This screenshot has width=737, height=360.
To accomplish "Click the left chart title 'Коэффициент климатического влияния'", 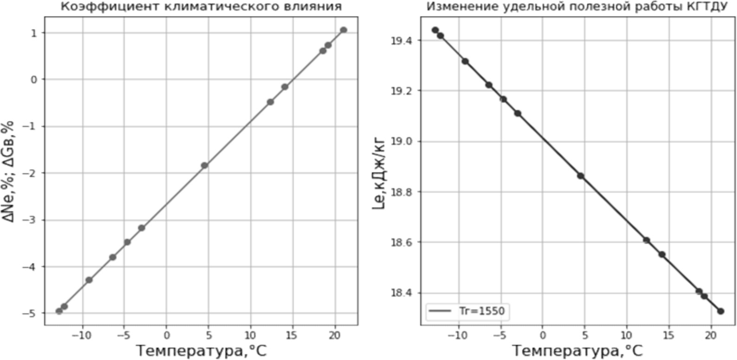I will click(201, 6).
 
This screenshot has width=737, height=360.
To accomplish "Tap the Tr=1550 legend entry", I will click(466, 311).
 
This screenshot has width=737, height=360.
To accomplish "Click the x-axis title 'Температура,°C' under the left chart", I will click(201, 350).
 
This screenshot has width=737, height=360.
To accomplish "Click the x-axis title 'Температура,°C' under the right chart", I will click(577, 350).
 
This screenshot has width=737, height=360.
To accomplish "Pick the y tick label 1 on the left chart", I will click(33, 32).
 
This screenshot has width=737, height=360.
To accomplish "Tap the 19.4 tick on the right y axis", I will click(401, 41).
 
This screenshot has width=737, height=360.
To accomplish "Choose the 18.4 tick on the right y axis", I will click(401, 293).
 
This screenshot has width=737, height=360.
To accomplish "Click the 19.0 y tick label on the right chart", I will click(401, 141).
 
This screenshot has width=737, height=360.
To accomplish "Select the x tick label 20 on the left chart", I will click(334, 335).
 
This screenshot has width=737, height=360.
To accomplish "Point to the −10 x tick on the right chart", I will click(458, 335).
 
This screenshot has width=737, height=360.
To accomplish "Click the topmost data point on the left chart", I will click(343, 30).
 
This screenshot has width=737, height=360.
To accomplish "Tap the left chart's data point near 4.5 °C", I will click(204, 165).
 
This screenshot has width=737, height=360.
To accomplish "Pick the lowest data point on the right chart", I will click(720, 311).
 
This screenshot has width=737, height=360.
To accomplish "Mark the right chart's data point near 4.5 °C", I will click(581, 176).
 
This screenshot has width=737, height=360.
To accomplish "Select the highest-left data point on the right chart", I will click(435, 30).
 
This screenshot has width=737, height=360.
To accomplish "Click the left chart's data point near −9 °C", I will click(89, 280).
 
